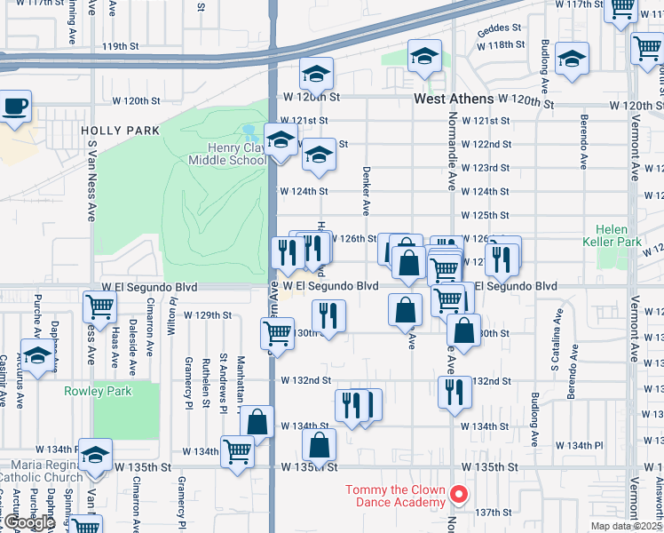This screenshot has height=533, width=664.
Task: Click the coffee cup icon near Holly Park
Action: click(x=15, y=107)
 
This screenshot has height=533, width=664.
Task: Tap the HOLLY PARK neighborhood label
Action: click(x=120, y=131)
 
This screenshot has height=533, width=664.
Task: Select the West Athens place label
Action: click(x=454, y=102)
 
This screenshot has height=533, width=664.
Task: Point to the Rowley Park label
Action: click(x=98, y=391)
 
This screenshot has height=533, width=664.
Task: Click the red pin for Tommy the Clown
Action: click(x=458, y=494)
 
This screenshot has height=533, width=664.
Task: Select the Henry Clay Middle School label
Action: click(x=226, y=154)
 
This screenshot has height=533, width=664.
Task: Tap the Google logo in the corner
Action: click(x=29, y=522)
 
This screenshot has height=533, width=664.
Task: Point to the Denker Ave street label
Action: click(x=365, y=190)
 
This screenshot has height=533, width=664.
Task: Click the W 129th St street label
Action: click(x=207, y=314)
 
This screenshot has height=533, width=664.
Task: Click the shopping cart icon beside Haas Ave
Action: click(x=99, y=307)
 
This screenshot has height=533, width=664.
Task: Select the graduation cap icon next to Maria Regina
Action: click(x=95, y=457)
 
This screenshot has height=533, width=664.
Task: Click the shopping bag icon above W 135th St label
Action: click(x=319, y=445)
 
